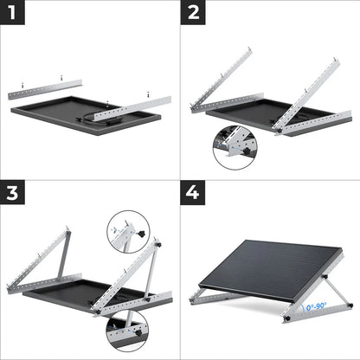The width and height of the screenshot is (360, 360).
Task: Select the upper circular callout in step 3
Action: (127, 233)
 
